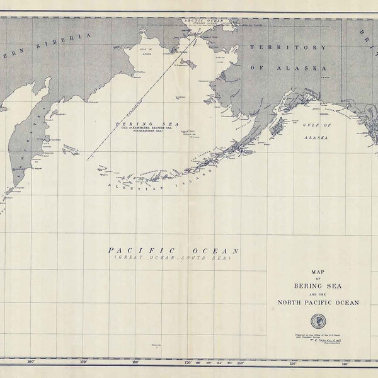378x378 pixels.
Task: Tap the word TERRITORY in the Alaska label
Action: pyautogui.click(x=288, y=47)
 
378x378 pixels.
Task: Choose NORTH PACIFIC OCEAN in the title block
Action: pyautogui.click(x=318, y=302)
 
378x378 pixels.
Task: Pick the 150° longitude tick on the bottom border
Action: pyautogui.click(x=292, y=363)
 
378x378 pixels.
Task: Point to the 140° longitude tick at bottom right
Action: pyautogui.click(x=345, y=363)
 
